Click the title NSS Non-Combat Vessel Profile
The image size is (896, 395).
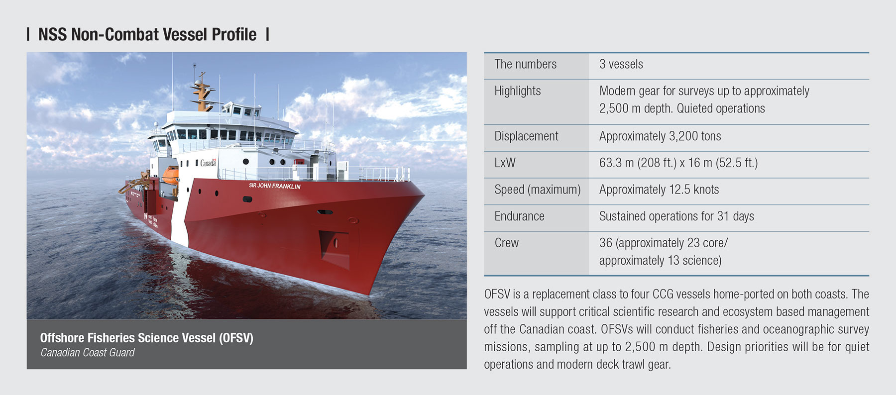147,34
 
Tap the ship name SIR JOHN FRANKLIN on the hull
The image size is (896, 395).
275,186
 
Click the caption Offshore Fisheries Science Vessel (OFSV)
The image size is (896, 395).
147,338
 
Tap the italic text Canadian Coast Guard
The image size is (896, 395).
87,353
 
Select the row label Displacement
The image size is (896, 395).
526,136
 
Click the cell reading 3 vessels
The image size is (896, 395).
621,64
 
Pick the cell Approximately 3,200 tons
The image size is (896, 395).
660,136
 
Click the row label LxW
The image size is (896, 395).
505,163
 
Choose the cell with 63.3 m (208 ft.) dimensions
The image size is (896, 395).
678,163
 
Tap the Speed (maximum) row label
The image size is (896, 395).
538,190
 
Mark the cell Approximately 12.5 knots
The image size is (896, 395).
659,190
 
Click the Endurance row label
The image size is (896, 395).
519,216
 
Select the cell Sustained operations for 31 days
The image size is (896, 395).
676,216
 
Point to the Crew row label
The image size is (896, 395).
506,243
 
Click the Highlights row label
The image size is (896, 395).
518,91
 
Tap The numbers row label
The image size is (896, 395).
526,64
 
